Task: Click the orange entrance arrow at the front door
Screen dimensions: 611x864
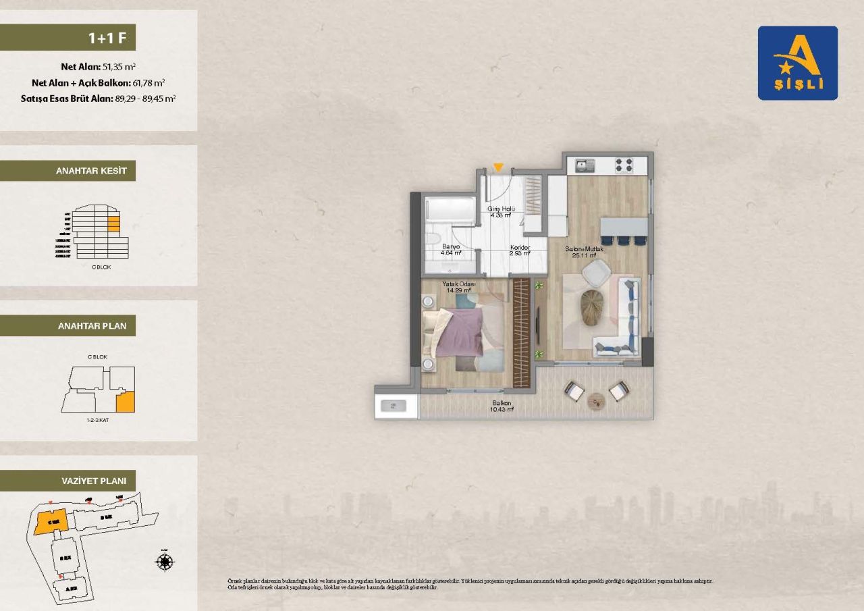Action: [498, 167]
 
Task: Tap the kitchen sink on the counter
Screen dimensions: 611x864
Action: [585, 165]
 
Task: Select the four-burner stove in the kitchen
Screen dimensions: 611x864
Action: [624, 165]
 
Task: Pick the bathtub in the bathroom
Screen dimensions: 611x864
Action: [451, 210]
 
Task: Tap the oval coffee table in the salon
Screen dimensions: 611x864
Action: [594, 307]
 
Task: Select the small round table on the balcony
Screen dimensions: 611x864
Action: [597, 401]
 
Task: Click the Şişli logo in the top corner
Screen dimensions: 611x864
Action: [797, 63]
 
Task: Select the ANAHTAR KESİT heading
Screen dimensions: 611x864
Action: [91, 171]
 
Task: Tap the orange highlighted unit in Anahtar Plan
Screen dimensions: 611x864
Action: [125, 403]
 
